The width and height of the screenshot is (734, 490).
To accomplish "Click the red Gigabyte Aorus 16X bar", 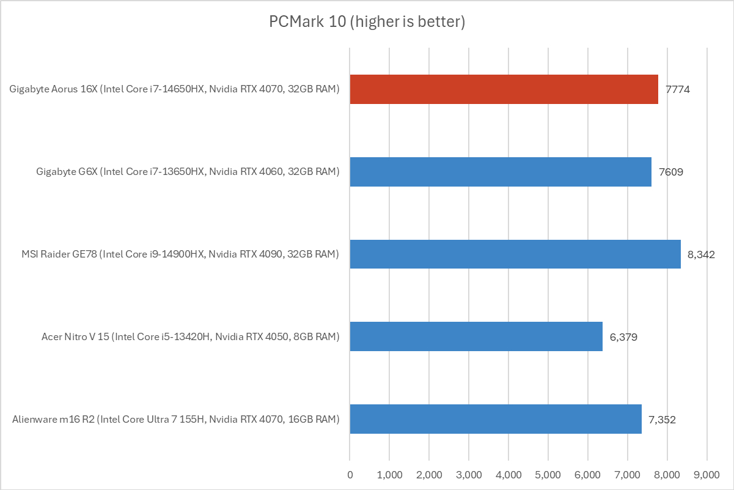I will click(504, 89).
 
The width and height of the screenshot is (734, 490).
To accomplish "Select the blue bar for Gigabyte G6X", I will click(500, 171).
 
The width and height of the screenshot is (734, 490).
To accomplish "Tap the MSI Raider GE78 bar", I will click(515, 254).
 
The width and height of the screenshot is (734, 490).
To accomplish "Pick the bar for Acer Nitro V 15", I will click(475, 336).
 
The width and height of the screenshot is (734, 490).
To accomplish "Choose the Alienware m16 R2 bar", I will click(495, 419).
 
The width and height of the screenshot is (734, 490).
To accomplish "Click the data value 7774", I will click(678, 89).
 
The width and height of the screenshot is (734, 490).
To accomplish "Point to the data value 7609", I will click(670, 172).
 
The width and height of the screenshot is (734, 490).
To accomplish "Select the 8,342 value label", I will click(701, 254).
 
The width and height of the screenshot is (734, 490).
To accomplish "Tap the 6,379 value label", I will click(623, 337).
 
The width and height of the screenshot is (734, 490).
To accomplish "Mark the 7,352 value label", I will click(662, 420).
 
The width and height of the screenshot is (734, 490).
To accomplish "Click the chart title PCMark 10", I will click(367, 22).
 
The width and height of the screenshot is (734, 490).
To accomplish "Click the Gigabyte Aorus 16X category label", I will click(174, 89).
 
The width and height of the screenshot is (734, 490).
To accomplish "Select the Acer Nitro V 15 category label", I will click(190, 337).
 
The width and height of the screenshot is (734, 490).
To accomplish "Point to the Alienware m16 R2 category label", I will click(175, 420).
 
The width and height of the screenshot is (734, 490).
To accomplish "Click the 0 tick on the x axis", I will click(350, 474).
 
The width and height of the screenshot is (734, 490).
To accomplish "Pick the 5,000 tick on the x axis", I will click(548, 474).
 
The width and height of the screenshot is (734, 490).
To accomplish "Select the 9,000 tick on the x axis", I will click(707, 474).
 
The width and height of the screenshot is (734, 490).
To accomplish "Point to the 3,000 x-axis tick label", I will click(469, 474).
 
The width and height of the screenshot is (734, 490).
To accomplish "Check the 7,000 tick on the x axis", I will click(628, 474).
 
